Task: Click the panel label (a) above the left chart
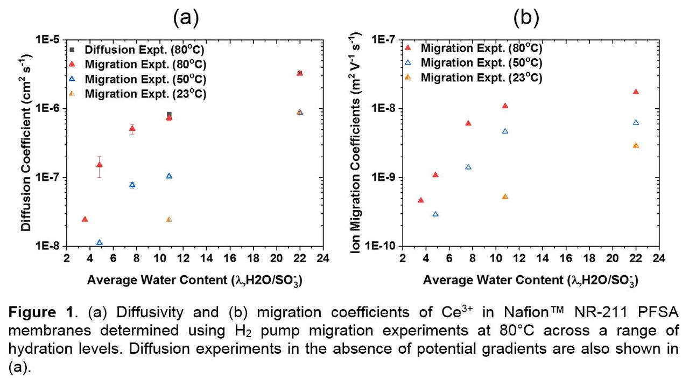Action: pos(186,18)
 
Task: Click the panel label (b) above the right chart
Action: pos(525,18)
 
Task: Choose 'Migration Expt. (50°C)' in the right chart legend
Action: pos(481,62)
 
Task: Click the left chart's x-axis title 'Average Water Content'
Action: pos(194,280)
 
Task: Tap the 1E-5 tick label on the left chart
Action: pos(50,40)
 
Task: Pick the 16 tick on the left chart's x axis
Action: pos(230,257)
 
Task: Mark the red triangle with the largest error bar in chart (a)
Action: pos(99,165)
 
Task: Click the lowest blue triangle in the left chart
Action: pos(99,242)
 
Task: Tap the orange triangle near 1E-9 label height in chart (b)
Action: pos(505,197)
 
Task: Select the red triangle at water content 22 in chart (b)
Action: pos(636,92)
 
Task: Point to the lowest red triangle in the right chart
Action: pos(421,200)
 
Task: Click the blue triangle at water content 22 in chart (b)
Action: pos(636,122)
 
